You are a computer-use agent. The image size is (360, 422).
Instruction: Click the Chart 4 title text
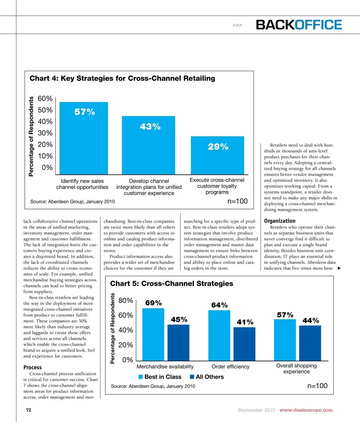(122, 78)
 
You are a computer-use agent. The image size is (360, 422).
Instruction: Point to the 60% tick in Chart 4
(45, 99)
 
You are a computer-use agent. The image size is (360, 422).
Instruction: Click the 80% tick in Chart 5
(126, 300)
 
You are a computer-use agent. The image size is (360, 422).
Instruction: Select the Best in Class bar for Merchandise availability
(153, 334)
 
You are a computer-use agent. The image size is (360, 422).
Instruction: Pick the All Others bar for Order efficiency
(244, 344)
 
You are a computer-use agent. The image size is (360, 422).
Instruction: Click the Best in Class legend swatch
(141, 377)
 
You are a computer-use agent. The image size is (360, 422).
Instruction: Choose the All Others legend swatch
(192, 377)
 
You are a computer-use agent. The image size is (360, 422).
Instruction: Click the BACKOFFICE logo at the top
(299, 25)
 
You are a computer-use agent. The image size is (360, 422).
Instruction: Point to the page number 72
(28, 410)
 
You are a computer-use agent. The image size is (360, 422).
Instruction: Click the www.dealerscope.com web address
(306, 410)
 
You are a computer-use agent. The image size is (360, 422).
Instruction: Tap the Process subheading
(33, 367)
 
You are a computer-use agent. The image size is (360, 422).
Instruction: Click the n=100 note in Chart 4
(237, 201)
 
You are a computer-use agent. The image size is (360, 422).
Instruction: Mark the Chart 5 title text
(171, 284)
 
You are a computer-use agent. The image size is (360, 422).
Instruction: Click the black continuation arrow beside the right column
(339, 269)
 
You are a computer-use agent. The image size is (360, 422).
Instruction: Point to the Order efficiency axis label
(230, 366)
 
